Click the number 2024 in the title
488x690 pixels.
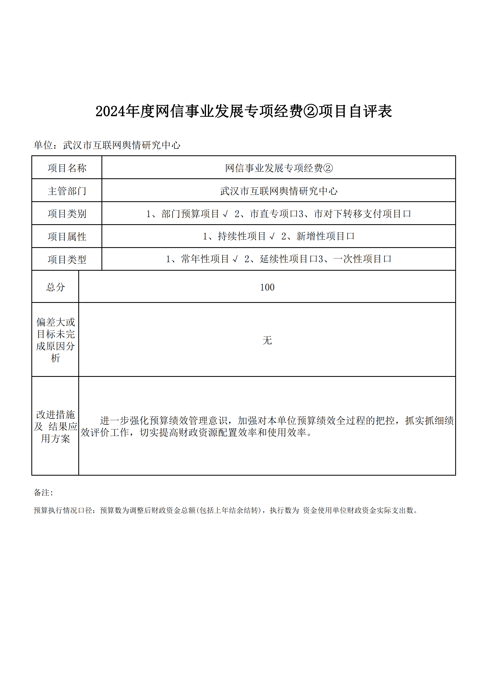[110, 111]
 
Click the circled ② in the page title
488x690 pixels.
[311, 111]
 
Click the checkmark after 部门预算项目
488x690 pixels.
[225, 214]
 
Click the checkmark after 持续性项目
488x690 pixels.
[272, 236]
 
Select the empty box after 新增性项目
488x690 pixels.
[350, 236]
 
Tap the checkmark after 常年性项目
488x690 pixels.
[235, 259]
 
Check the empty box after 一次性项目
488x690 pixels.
[387, 259]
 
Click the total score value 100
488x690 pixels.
[267, 287]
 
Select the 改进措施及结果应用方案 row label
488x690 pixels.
[55, 426]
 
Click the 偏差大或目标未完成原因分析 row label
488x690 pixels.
[55, 340]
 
